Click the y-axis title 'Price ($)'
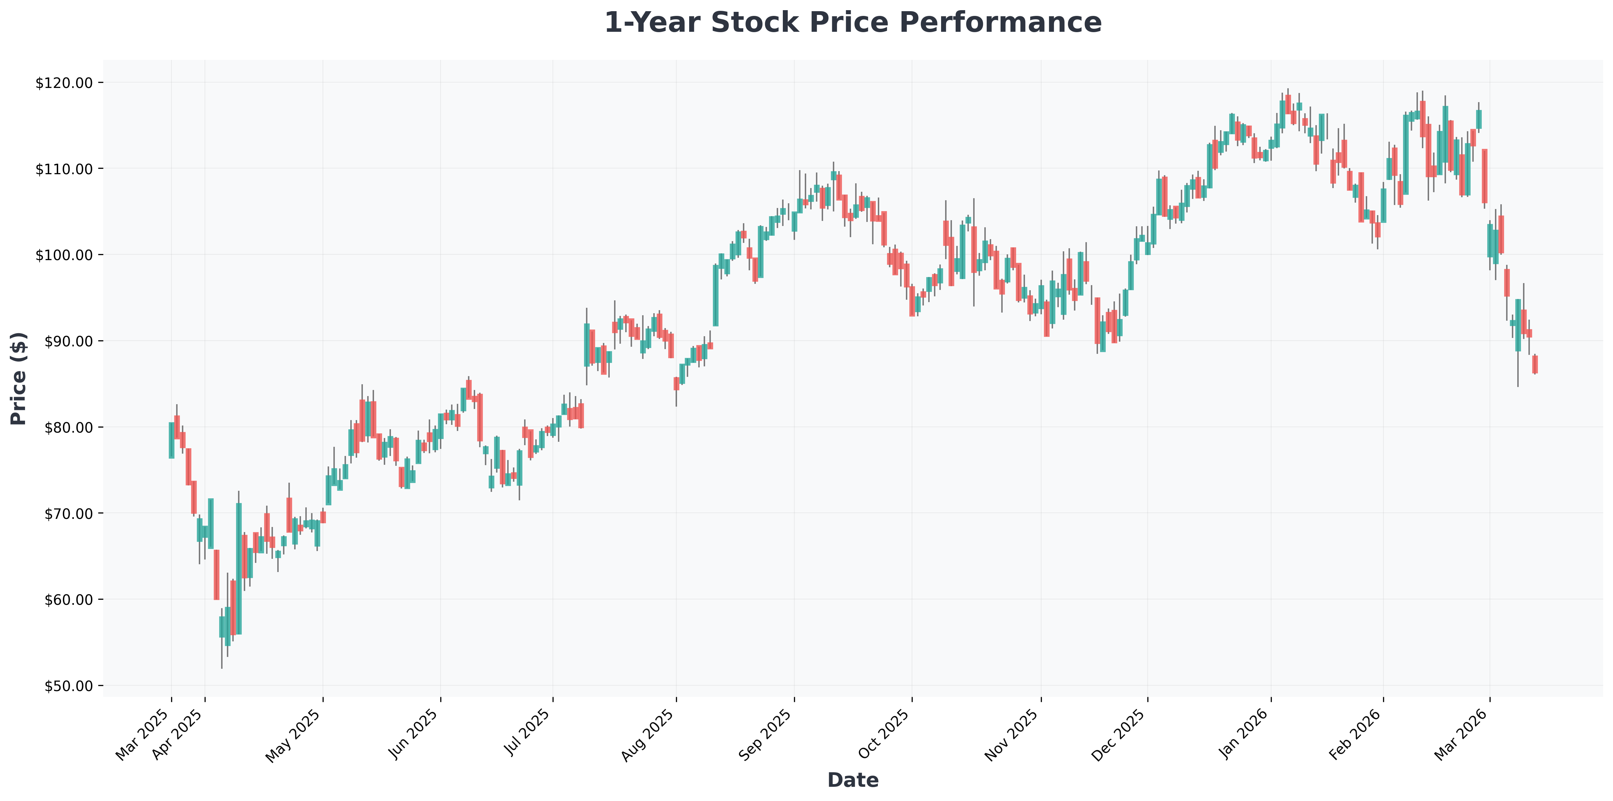coord(19,378)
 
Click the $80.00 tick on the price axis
coord(69,427)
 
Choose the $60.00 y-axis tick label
coord(69,599)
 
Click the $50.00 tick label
coord(69,686)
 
